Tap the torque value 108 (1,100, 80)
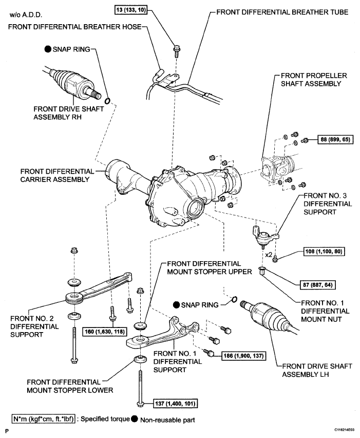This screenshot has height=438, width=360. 324,251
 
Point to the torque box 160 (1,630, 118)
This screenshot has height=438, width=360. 105,332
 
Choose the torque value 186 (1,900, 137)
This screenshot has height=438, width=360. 243,356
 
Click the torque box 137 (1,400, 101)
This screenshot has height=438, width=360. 176,404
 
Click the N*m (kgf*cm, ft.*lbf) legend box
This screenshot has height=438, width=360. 44,419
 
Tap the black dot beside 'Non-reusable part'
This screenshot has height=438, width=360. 135,419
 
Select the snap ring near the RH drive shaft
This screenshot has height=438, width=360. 108,101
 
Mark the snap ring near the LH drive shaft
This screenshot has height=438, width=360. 234,299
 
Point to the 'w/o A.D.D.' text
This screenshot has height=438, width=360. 26,14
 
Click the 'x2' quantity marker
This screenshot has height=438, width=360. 269,255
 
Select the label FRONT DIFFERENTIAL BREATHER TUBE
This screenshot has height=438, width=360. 282,12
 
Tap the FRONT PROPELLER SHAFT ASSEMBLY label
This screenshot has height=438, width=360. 314,80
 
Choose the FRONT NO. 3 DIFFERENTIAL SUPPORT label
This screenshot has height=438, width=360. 328,204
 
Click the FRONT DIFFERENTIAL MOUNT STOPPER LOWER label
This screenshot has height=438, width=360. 70,386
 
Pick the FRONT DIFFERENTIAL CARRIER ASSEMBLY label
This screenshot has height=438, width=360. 57,175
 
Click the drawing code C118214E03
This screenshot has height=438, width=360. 345,430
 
